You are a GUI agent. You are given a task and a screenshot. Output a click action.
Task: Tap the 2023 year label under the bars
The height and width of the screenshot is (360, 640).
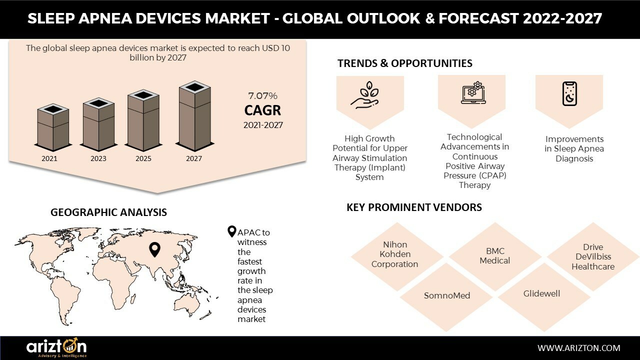[98, 158]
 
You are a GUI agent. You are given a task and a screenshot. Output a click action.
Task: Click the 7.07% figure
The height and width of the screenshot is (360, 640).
[262, 95]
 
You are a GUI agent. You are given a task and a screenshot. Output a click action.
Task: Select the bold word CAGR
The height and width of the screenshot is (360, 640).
[262, 110]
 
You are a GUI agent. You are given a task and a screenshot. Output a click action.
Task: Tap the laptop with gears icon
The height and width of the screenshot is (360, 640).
[472, 93]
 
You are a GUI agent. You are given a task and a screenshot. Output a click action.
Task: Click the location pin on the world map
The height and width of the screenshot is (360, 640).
[155, 249]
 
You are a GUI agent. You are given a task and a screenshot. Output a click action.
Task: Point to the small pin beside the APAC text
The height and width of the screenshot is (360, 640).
[231, 231]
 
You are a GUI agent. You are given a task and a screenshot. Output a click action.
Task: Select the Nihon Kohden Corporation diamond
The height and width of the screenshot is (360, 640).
[395, 254]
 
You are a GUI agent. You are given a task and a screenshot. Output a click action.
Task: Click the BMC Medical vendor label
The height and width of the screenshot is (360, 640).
[494, 256]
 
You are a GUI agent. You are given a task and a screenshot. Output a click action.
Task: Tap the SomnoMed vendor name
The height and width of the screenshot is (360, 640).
[447, 295]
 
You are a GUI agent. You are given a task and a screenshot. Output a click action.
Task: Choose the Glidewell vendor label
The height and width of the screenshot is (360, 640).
[541, 293]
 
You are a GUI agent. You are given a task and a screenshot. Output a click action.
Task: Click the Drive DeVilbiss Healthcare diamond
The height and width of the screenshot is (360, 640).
[593, 257]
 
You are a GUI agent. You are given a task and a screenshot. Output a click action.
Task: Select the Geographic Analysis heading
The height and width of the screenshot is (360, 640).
[108, 212]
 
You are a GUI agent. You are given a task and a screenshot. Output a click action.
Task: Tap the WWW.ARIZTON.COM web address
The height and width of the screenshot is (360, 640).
[578, 348]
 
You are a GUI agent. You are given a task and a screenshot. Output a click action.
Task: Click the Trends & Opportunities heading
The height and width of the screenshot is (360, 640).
[404, 63]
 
